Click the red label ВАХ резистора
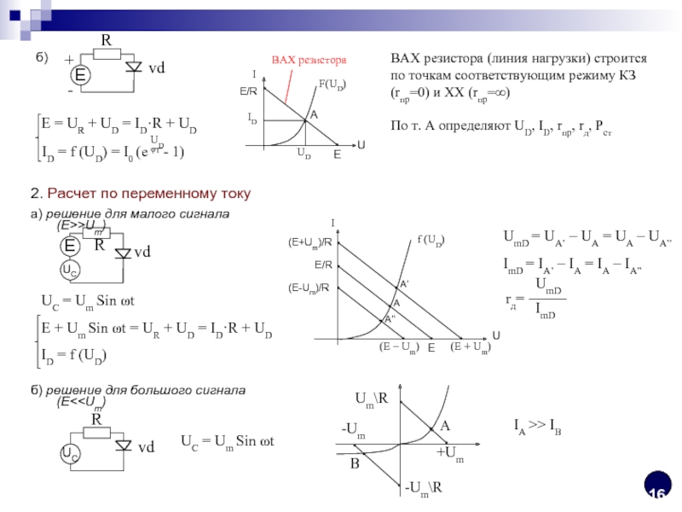[x=309, y=61]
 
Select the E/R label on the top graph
[x=248, y=89]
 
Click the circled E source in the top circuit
[x=79, y=76]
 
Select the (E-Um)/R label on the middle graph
[x=310, y=288]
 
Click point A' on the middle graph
[x=404, y=282]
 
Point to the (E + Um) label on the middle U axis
[x=470, y=347]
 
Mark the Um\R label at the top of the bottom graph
[x=371, y=398]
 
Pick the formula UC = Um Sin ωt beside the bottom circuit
[x=230, y=440]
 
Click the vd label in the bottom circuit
[x=147, y=446]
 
